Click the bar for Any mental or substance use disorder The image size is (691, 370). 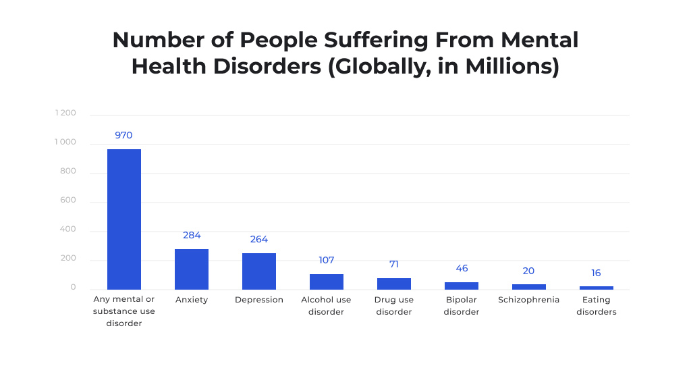point(124,219)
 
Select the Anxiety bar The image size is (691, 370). point(192,269)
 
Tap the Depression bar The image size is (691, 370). point(259,271)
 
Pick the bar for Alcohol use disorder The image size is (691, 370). point(327,282)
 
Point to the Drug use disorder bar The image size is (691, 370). point(394,284)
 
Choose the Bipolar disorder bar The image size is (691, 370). point(462,286)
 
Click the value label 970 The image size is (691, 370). point(123,135)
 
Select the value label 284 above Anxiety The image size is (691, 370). point(192,236)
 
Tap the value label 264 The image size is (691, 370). point(259,240)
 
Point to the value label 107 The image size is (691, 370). point(327,260)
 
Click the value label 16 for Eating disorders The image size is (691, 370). point(597,273)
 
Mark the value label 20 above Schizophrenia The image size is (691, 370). point(528,271)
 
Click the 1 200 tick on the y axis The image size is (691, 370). point(65,113)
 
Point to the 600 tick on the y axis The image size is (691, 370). point(68,201)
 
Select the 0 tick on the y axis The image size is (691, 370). point(73,288)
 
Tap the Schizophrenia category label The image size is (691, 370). point(528,300)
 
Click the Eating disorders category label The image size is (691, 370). point(597,306)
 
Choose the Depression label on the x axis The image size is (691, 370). point(259,300)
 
